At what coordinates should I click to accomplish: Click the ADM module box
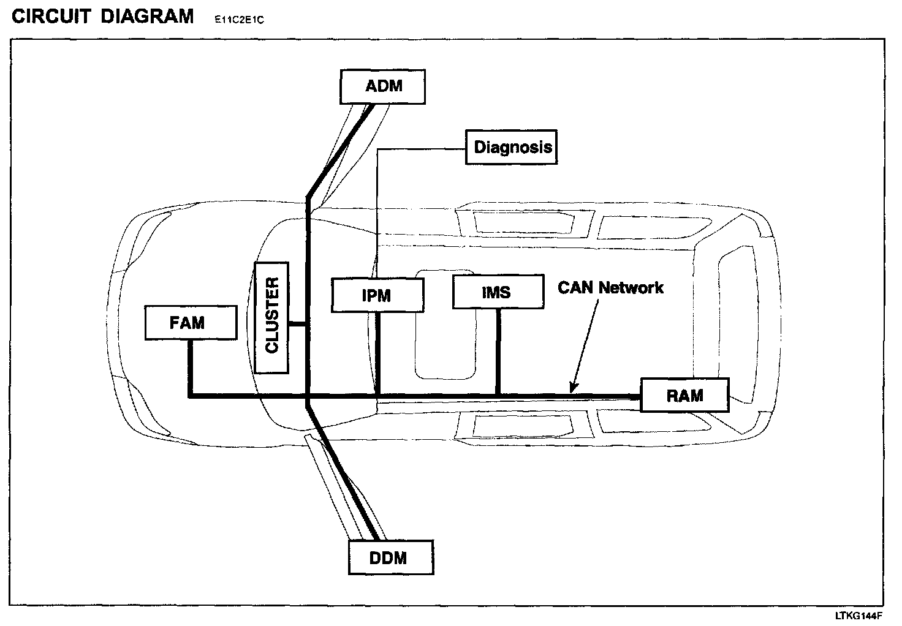tap(382, 86)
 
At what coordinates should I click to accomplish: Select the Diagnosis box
tap(512, 147)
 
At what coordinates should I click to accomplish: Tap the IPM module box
tap(377, 295)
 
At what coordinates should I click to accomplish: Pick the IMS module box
tap(498, 292)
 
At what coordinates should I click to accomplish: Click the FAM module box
tap(191, 323)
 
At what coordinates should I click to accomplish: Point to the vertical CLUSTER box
tap(271, 317)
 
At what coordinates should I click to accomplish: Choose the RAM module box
tap(684, 395)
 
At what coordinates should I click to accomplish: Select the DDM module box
tap(391, 557)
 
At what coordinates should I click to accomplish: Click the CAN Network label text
tap(610, 287)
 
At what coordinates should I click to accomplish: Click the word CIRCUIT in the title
tap(51, 16)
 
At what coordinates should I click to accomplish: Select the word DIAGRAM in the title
tap(147, 16)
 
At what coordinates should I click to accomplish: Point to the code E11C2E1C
tap(239, 20)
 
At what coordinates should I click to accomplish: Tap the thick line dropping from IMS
tap(499, 352)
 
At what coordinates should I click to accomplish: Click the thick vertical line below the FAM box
tap(191, 368)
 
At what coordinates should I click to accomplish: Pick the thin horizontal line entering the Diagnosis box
tap(423, 148)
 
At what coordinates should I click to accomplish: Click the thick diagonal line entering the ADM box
tap(340, 150)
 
